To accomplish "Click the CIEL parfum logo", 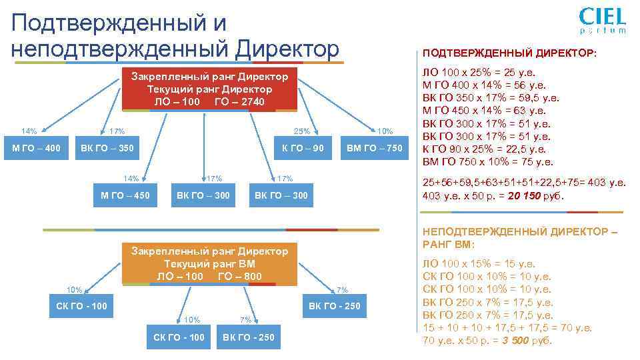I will click(x=602, y=20).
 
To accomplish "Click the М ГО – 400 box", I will click(x=37, y=148).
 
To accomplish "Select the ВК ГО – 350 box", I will click(x=107, y=148).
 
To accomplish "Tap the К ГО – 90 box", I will click(x=303, y=148).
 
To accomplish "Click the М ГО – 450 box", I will click(x=125, y=195).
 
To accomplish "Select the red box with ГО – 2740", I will click(x=209, y=89).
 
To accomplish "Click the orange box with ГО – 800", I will click(x=209, y=264).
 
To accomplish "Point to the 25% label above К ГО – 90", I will click(x=302, y=131).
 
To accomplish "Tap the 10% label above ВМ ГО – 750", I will click(x=385, y=131).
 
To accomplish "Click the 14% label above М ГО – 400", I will click(x=29, y=131).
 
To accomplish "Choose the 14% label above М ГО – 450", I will click(x=131, y=178).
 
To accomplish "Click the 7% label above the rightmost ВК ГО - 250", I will click(x=342, y=289).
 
